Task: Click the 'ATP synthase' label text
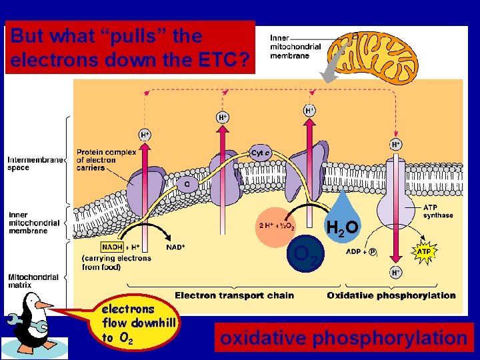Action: pyautogui.click(x=438, y=212)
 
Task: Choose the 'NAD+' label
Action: pyautogui.click(x=175, y=247)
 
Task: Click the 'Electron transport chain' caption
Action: pyautogui.click(x=233, y=295)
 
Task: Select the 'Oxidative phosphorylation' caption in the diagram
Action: pyautogui.click(x=392, y=295)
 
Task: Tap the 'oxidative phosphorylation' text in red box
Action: pyautogui.click(x=344, y=338)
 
